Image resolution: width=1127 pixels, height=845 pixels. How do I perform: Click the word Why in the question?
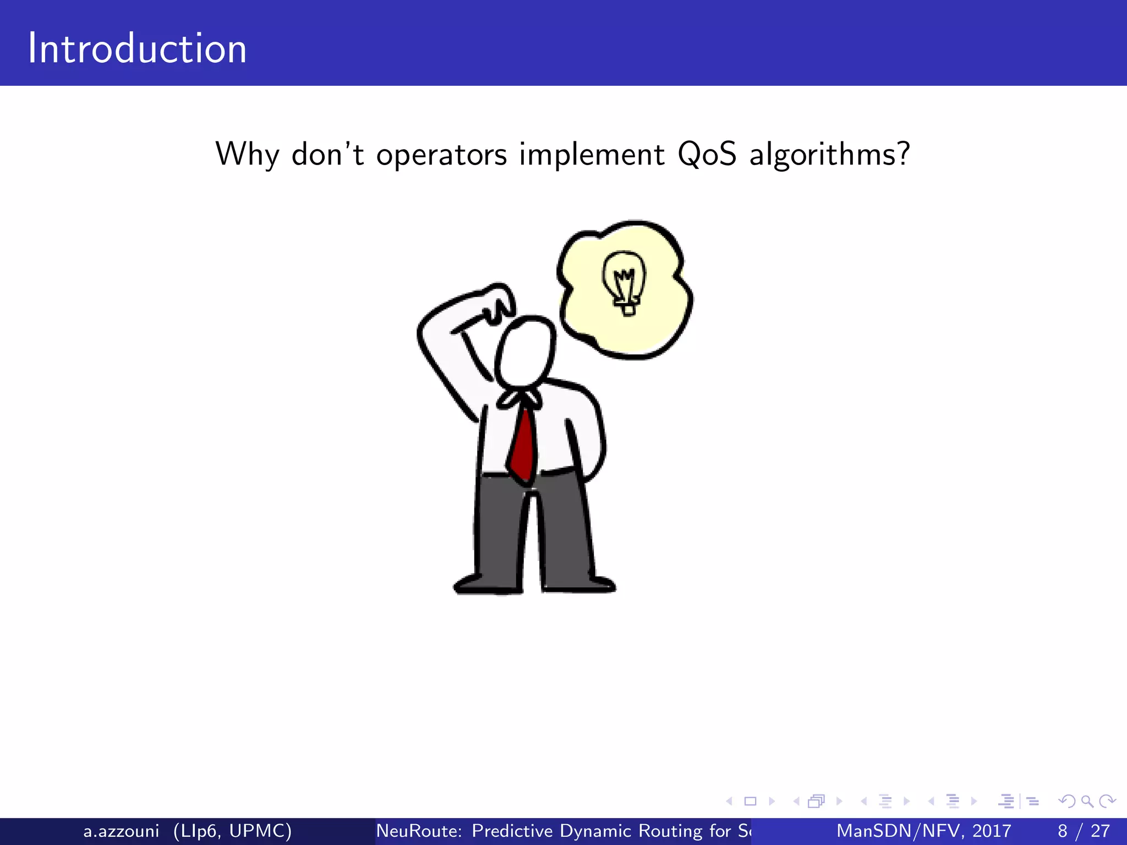tap(248, 155)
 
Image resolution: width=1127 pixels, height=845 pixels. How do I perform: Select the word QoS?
tap(707, 155)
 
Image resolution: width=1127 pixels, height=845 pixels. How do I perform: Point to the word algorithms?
tap(829, 155)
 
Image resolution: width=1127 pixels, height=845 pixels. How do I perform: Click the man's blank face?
tap(526, 352)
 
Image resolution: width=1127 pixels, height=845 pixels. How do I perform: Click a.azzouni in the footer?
tap(121, 831)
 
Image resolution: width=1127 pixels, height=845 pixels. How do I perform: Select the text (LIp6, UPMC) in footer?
tap(232, 831)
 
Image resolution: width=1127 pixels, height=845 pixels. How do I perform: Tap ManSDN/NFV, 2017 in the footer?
tap(923, 831)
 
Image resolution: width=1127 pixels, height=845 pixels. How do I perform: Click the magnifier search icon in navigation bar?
tap(1087, 802)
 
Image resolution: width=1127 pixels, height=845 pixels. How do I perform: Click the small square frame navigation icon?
tap(750, 802)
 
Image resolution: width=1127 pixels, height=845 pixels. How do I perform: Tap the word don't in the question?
tap(327, 155)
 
